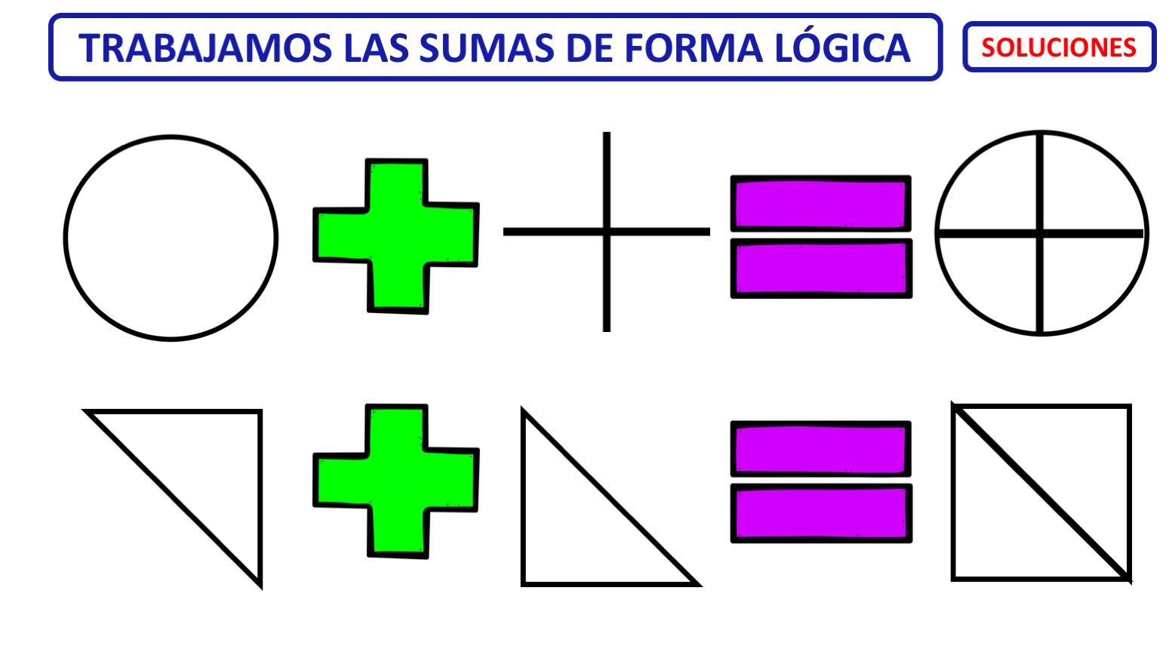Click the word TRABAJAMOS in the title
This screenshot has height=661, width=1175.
pos(205,48)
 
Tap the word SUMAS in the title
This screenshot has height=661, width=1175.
pos(486,48)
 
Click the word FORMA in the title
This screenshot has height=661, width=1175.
pos(694,48)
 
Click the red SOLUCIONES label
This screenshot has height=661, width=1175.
pos(1059,48)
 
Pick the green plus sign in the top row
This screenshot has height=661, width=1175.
pos(396,236)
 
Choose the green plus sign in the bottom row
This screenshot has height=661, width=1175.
pos(396,481)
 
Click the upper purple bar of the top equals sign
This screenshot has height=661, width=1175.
pos(821,204)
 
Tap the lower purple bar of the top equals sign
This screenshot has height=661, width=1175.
pos(822,268)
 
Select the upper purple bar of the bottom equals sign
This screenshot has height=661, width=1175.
pos(821,448)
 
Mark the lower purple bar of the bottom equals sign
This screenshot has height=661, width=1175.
pos(822,513)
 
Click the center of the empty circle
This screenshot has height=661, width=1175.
pos(171,238)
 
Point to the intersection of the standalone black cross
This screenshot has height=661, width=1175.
pos(607,232)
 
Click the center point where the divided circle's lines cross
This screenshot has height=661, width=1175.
pos(1040,233)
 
